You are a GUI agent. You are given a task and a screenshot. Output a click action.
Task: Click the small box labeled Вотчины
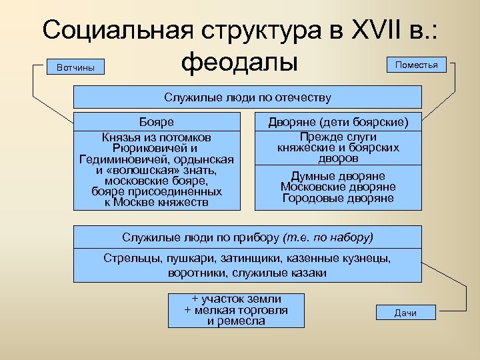75,67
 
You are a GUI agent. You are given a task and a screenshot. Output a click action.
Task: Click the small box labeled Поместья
416,65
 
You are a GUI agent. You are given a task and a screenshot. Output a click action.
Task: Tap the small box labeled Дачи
405,313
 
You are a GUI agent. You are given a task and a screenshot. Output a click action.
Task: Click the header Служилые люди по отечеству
247,97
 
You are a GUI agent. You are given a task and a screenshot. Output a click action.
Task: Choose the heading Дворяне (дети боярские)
338,123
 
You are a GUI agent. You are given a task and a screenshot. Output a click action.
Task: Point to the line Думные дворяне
338,176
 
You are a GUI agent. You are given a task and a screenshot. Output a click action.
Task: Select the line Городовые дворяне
338,198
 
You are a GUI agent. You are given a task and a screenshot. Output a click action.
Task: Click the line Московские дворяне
338,187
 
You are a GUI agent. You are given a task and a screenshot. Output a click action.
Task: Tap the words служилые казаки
284,273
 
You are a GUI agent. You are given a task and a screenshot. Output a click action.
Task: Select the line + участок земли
236,299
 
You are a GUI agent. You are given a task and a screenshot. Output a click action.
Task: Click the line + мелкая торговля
236,310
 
